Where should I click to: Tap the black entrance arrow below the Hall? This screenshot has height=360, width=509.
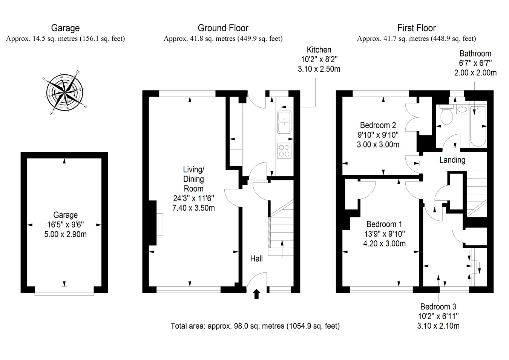pyautogui.click(x=256, y=294)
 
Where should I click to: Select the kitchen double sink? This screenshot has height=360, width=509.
pyautogui.click(x=284, y=122)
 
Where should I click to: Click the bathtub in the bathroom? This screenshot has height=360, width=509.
pyautogui.click(x=478, y=126)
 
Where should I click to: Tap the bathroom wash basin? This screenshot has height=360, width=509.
pyautogui.click(x=461, y=110)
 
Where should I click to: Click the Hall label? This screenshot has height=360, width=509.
pyautogui.click(x=256, y=258)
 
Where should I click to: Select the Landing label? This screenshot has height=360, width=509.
pyautogui.click(x=452, y=160)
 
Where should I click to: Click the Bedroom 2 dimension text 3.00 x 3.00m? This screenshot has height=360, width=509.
pyautogui.click(x=378, y=144)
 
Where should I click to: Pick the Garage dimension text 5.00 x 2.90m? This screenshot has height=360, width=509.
pyautogui.click(x=65, y=234)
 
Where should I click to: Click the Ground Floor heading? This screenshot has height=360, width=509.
pyautogui.click(x=223, y=28)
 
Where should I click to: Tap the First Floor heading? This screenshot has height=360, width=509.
pyautogui.click(x=416, y=28)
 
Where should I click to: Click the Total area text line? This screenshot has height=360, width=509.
pyautogui.click(x=255, y=326)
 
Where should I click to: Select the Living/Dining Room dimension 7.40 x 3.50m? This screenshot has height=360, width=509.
pyautogui.click(x=193, y=208)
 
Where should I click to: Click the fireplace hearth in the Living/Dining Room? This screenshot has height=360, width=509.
pyautogui.click(x=160, y=224)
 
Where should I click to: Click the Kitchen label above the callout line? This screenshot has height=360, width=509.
pyautogui.click(x=319, y=50)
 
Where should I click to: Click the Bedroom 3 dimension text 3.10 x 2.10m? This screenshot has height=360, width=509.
pyautogui.click(x=438, y=326)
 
